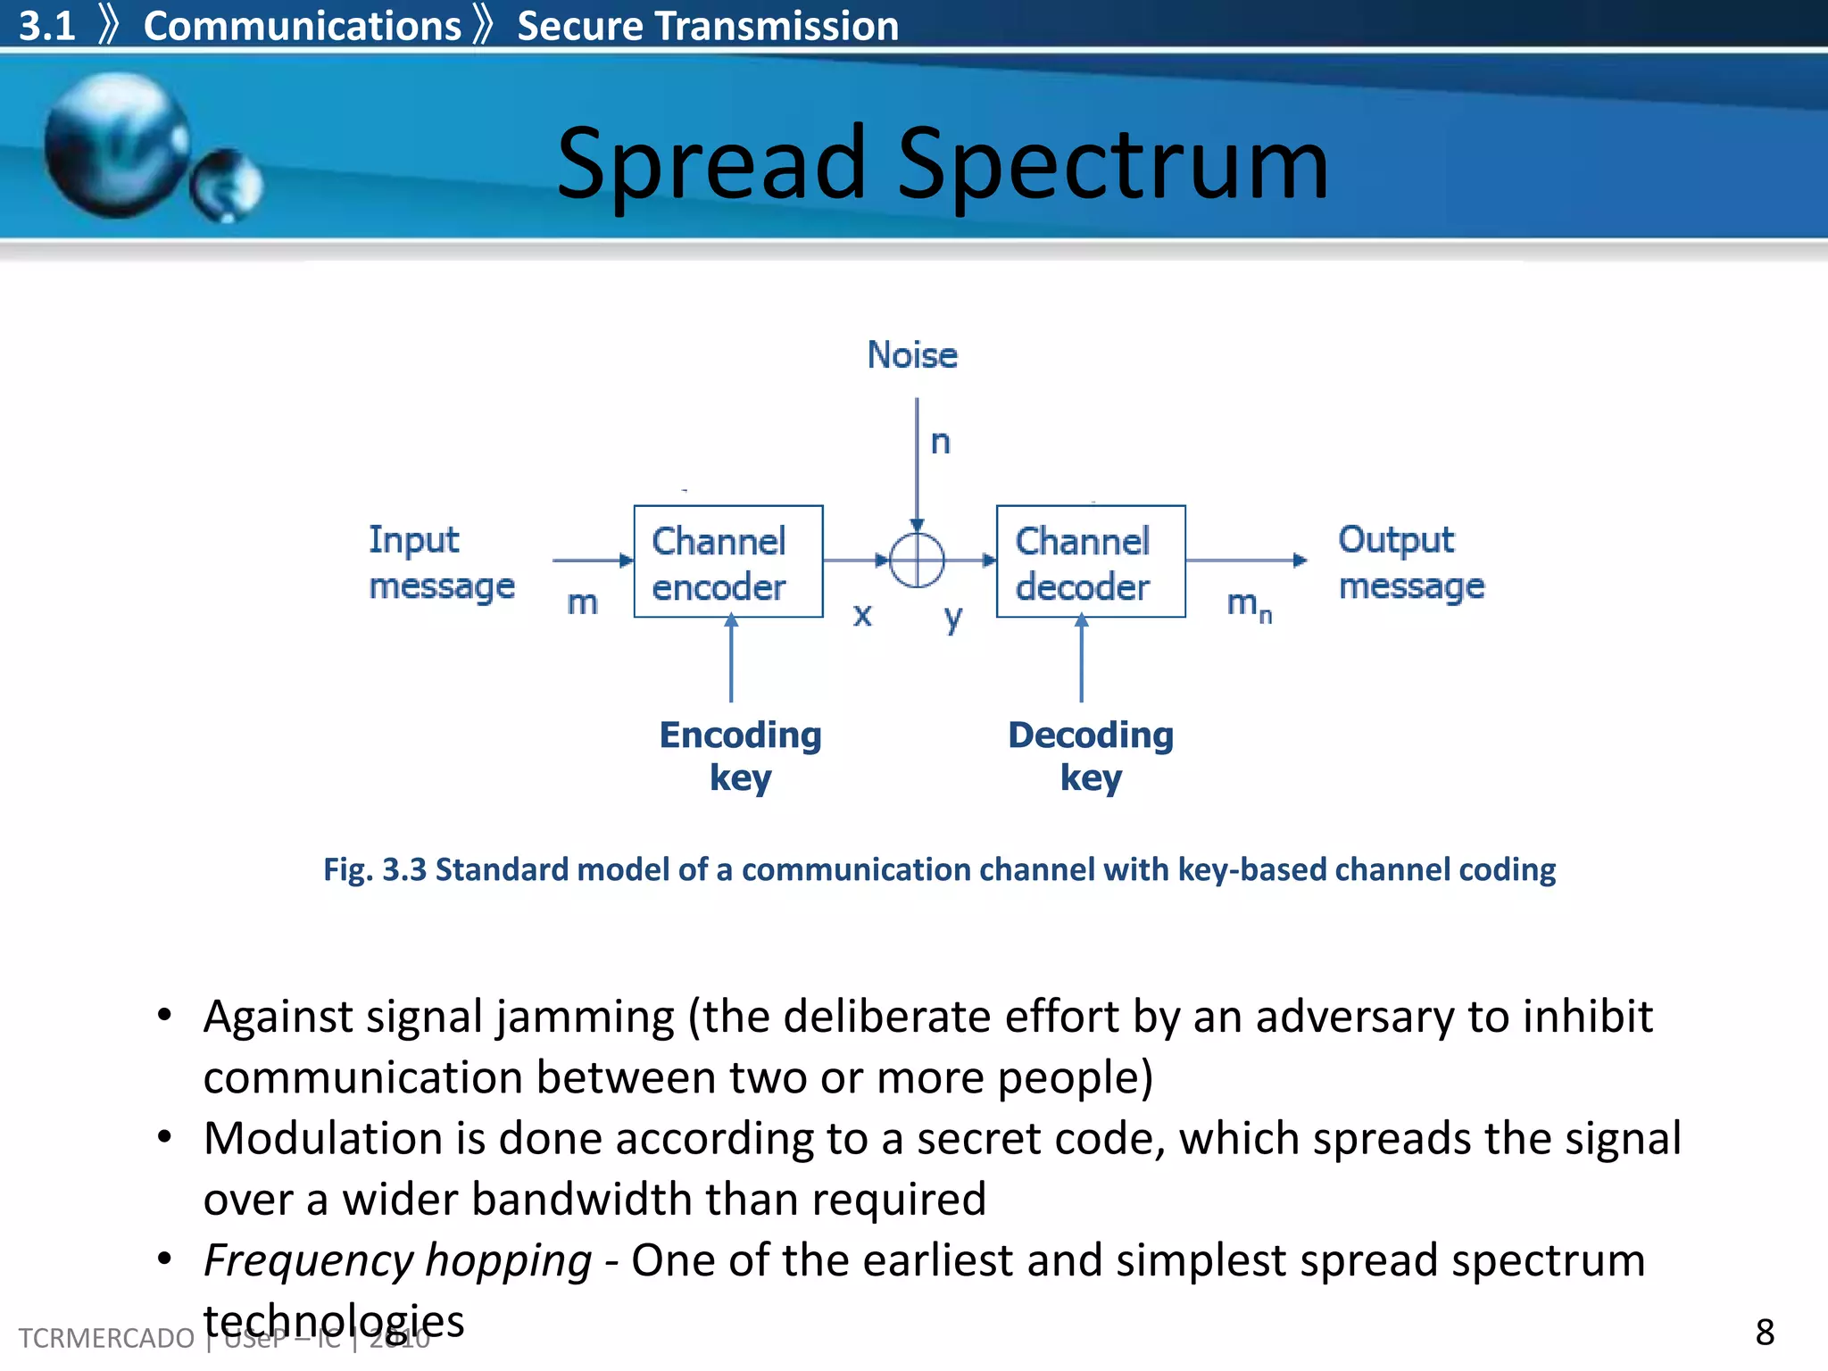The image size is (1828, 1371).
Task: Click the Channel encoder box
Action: point(727,561)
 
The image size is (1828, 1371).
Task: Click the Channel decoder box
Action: point(1090,561)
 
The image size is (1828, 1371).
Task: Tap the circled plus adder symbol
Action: point(917,561)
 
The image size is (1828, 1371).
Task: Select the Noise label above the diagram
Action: point(912,355)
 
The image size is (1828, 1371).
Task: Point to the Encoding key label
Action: point(740,755)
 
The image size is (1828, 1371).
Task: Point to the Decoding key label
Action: point(1090,755)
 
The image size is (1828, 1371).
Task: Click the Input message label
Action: point(441,562)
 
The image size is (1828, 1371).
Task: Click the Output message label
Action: point(1410,562)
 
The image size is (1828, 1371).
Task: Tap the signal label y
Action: point(953,617)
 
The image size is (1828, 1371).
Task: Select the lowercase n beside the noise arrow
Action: point(941,442)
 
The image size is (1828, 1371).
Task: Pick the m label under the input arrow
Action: point(582,602)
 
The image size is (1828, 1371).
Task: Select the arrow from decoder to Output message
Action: point(1247,561)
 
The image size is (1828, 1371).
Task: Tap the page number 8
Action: point(1765,1332)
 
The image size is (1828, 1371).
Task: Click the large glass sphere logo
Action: point(116,145)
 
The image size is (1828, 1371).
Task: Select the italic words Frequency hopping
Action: point(397,1260)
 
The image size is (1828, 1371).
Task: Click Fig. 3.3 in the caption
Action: point(375,869)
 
